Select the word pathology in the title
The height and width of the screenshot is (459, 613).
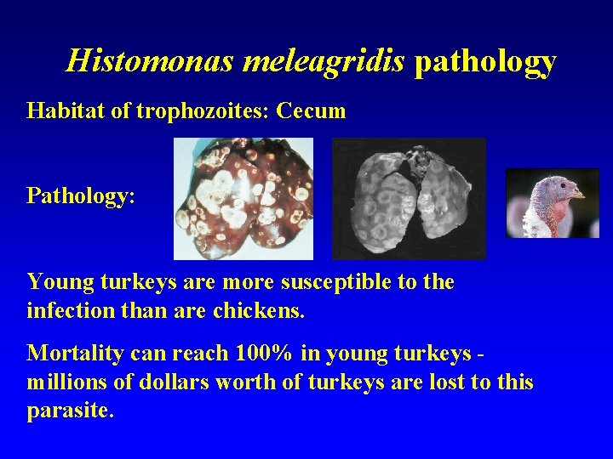[485, 61]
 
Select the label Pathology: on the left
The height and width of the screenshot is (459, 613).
[81, 196]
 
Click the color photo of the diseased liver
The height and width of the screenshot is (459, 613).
[243, 199]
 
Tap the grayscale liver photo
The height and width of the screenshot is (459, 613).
[409, 199]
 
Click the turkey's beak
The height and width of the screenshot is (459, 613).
[576, 195]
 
